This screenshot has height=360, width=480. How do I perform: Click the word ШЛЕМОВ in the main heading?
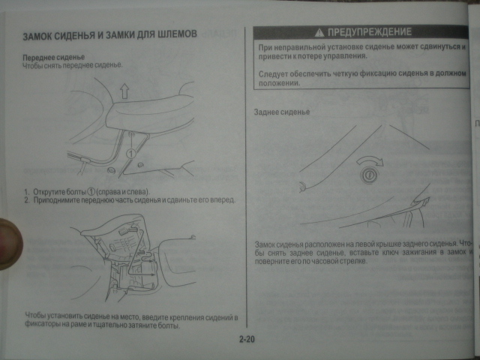175,35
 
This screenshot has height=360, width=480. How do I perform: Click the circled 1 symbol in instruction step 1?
93,192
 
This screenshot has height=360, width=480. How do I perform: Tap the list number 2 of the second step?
26,201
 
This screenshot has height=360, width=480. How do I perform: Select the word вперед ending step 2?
223,201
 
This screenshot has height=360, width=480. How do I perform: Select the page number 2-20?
248,340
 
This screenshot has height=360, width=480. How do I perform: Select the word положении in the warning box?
279,84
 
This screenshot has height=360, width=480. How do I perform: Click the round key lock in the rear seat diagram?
369,177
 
